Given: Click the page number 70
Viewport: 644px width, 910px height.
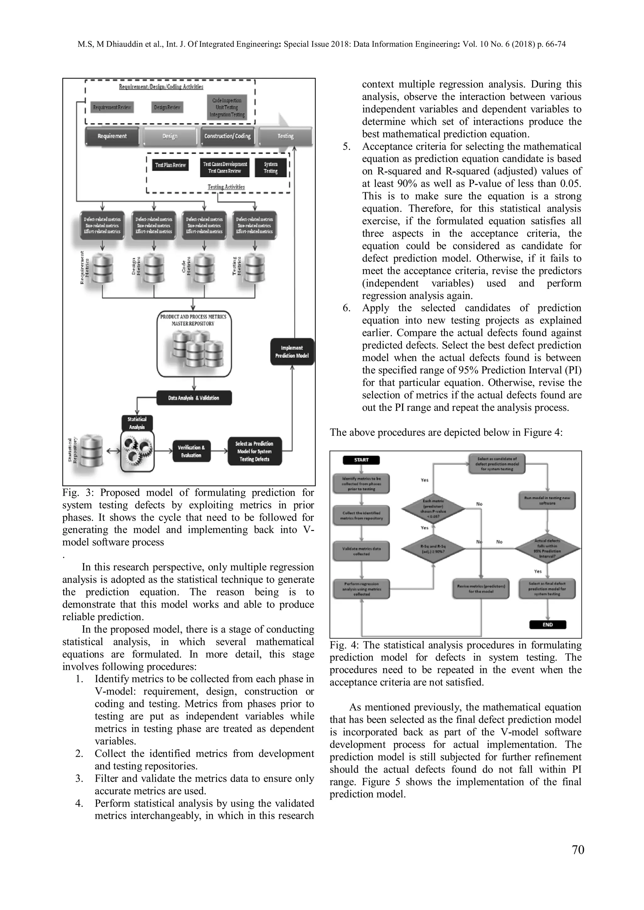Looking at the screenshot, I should tap(578, 861).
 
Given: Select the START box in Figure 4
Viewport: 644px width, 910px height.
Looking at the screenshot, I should tap(361, 460).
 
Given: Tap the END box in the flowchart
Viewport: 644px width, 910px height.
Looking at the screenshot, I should tap(548, 624).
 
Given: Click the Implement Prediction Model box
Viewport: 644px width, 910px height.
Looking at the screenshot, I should tap(292, 351).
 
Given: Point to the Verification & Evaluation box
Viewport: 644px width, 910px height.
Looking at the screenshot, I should tap(191, 451).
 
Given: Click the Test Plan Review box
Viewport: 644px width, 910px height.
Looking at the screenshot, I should tap(170, 165).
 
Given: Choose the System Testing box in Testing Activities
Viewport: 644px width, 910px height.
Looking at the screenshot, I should tap(271, 167).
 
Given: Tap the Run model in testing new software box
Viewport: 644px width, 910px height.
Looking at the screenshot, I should tap(547, 501).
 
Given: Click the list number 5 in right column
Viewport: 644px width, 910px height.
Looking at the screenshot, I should tap(347, 147).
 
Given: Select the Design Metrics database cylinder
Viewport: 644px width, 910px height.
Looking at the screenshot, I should tap(154, 267).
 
